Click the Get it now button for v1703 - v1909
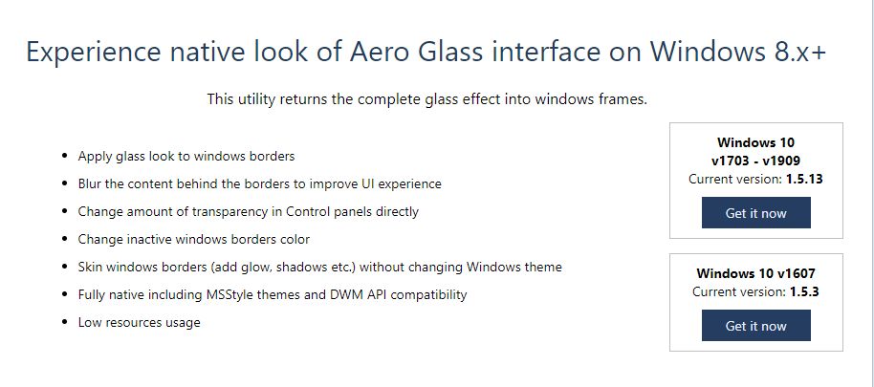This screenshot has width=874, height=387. click(755, 213)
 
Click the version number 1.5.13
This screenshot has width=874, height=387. click(804, 180)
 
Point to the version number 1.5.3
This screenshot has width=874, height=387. click(804, 291)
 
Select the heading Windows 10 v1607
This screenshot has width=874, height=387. click(755, 273)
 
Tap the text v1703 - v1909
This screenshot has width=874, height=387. click(755, 161)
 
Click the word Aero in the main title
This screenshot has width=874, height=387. click(380, 53)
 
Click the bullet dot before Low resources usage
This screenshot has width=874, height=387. click(66, 323)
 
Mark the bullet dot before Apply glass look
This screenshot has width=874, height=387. click(66, 157)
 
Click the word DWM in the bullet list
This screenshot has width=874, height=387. click(333, 294)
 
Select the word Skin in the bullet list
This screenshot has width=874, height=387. click(90, 268)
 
